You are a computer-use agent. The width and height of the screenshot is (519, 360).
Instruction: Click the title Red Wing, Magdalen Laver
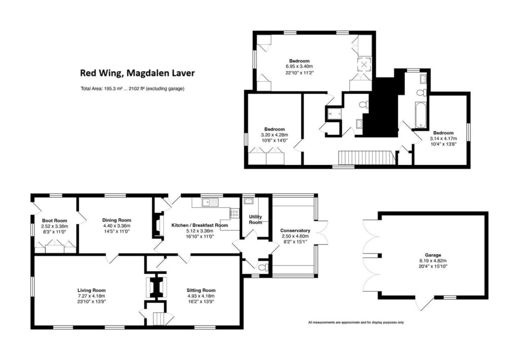[x=137, y=73]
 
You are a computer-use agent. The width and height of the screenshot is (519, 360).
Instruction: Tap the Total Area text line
[x=132, y=89]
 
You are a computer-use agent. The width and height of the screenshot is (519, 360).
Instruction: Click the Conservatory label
[x=295, y=231]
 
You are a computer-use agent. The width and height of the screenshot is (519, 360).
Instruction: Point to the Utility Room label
[x=255, y=220]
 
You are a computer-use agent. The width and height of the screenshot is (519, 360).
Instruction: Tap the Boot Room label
[x=54, y=221]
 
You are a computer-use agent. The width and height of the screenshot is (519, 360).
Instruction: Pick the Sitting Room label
[x=202, y=290]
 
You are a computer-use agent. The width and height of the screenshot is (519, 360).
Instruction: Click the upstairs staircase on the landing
[x=365, y=158]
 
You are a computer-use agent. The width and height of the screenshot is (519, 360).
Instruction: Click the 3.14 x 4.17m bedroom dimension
[x=443, y=138]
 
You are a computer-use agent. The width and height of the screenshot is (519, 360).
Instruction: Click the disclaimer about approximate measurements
[x=356, y=322]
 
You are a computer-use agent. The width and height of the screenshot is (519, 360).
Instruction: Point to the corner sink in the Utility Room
[x=249, y=202]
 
